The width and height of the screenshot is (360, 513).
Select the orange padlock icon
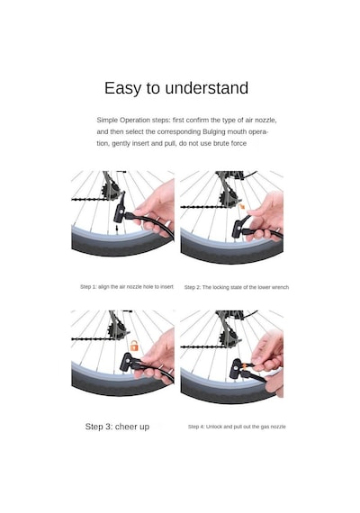coord(134,346)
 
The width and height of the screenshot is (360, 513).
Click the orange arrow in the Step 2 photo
coord(242,206)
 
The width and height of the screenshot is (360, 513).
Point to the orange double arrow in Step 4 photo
coord(243,364)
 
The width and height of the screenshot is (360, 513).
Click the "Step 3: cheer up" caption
coord(117,427)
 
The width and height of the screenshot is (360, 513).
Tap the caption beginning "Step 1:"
coord(127,286)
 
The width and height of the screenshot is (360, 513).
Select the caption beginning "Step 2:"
coord(237,287)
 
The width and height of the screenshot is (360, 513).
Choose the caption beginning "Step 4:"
coord(237,427)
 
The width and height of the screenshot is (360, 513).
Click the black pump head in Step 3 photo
coord(129,362)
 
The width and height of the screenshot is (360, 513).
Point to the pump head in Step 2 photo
coord(238,228)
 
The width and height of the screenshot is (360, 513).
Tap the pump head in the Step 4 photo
coord(238,368)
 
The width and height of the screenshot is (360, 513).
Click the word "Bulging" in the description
coord(213,131)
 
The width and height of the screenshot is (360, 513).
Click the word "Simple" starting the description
coord(107,121)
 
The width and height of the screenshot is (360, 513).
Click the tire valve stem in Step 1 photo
coord(116,228)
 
